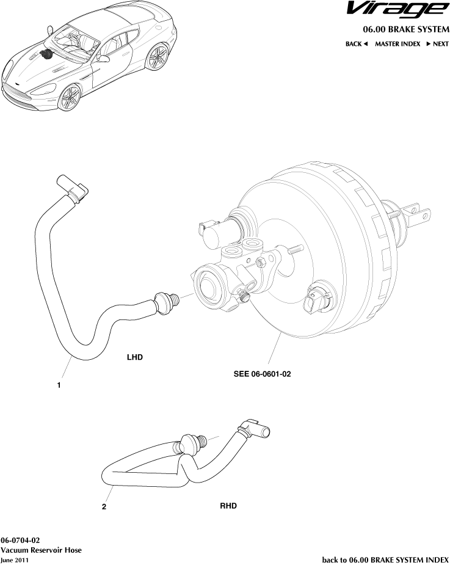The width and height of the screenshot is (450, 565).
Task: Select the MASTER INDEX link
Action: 397,44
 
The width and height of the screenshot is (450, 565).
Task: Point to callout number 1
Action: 59,385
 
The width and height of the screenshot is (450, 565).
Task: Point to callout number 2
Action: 104,506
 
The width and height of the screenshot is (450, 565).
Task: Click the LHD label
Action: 135,357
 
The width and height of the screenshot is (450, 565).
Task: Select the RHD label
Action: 228,506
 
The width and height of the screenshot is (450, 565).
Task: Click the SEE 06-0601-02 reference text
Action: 262,374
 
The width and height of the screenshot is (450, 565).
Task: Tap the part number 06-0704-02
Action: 20,541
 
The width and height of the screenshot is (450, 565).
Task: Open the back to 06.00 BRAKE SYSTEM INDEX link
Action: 385,559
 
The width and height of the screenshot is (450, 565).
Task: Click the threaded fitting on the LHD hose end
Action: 167,302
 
